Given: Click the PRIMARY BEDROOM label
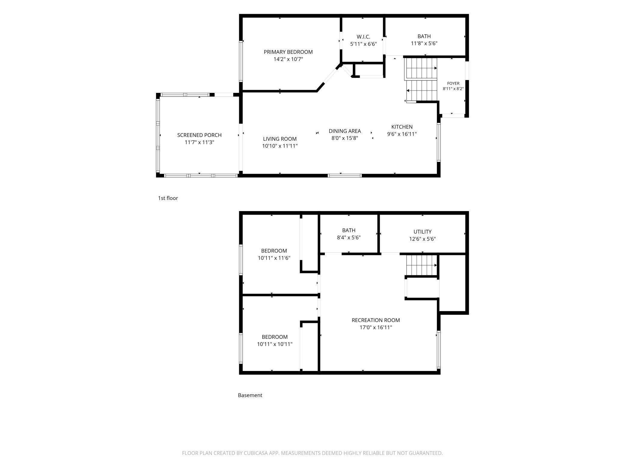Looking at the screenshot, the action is click(x=288, y=52).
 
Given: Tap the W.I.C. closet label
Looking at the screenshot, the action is click(x=363, y=37).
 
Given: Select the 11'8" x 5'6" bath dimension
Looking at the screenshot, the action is click(x=424, y=43).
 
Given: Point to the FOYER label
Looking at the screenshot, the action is click(x=453, y=83).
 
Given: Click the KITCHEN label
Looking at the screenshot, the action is click(x=402, y=127).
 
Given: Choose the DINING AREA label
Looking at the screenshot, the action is click(x=345, y=131).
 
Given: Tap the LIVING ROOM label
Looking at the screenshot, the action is click(x=280, y=139).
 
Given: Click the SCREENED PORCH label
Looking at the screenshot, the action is click(x=199, y=135).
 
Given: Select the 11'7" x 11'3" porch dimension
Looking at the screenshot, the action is click(x=199, y=143).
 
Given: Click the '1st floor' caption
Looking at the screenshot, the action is click(x=168, y=198).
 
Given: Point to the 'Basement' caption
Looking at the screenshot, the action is click(x=250, y=395).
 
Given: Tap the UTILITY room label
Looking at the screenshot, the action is click(x=422, y=232).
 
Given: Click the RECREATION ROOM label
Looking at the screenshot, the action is click(x=376, y=320).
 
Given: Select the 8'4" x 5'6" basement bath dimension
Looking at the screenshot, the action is click(x=349, y=238).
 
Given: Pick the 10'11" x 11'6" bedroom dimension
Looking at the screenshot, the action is click(x=274, y=258).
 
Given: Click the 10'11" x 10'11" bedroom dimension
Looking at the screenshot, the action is click(x=275, y=344).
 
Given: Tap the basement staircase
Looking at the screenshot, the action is click(x=421, y=265).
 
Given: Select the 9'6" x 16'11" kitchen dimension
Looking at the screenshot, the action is click(x=402, y=134).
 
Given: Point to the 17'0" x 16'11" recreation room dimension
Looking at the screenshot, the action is click(x=376, y=327).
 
